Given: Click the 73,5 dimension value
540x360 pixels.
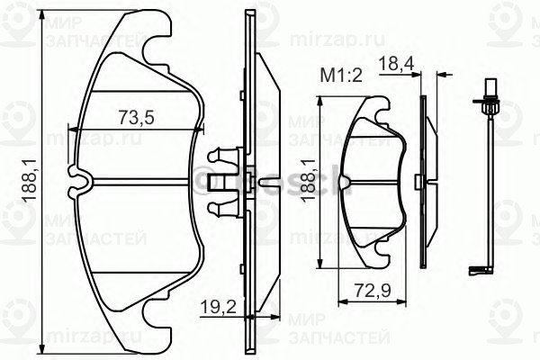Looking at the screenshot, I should click(x=139, y=116).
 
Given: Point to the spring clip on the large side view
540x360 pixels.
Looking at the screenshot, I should click(x=222, y=183).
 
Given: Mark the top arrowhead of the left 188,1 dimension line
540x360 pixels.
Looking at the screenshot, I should click(x=44, y=17).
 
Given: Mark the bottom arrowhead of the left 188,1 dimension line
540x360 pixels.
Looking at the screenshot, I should click(x=44, y=347).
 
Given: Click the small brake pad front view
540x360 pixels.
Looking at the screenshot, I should click(x=376, y=180).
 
